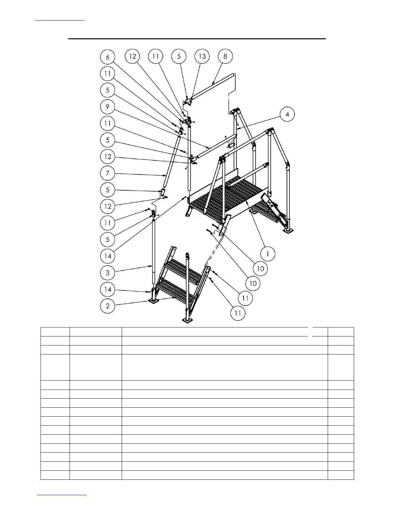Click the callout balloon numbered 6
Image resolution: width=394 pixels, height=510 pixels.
(108, 57)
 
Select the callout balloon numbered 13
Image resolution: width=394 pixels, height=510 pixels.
(202, 56)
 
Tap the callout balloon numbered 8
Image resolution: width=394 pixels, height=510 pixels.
(225, 56)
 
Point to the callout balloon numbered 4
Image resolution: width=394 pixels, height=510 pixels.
(287, 114)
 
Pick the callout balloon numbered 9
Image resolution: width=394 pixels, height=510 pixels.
(108, 107)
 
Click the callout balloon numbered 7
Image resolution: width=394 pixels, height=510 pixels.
(108, 174)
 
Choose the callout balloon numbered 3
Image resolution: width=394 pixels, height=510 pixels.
(108, 273)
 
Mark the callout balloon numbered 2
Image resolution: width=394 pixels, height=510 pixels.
(108, 306)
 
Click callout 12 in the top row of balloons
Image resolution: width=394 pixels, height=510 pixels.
(133, 56)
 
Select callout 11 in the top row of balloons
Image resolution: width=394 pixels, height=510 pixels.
(155, 56)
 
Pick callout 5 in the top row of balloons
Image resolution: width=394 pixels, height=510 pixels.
(179, 56)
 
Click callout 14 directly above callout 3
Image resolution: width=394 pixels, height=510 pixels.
(108, 256)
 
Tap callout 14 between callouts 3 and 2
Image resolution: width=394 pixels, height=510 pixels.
(108, 289)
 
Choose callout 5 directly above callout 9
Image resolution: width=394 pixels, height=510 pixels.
(108, 90)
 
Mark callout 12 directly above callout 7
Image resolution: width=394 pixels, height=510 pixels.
(108, 157)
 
